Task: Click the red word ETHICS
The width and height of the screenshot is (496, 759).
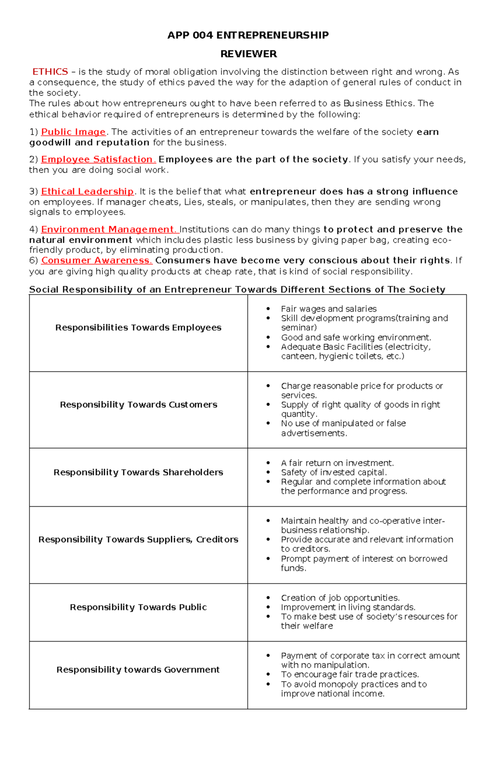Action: (x=50, y=72)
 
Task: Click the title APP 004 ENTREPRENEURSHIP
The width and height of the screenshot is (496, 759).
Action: (x=248, y=35)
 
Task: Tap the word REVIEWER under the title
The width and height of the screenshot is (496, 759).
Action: (x=248, y=54)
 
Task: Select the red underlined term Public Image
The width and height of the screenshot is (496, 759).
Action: (x=74, y=132)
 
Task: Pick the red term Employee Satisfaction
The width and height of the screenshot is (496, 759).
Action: (x=98, y=159)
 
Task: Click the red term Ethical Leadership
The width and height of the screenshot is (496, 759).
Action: (x=87, y=192)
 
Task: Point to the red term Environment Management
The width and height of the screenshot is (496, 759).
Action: (x=109, y=230)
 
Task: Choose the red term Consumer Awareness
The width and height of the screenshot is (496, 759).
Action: (x=96, y=261)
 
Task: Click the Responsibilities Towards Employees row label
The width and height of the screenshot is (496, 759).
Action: (x=138, y=328)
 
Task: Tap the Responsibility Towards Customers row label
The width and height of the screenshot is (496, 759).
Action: (x=138, y=405)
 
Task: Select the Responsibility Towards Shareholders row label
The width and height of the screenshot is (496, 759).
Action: (x=138, y=472)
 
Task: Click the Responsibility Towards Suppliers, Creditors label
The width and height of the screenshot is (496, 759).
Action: (x=138, y=539)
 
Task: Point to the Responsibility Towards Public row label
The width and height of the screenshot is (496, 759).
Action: (x=138, y=607)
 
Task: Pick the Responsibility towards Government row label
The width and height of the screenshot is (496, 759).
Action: (x=138, y=670)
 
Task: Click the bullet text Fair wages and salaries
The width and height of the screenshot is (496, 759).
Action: (x=329, y=309)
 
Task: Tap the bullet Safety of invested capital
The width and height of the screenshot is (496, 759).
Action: (x=334, y=472)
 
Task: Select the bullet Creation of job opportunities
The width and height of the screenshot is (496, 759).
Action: (x=340, y=598)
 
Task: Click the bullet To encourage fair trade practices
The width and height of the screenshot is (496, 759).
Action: (x=350, y=675)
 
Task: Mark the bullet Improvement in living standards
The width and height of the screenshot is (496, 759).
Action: (x=348, y=607)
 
